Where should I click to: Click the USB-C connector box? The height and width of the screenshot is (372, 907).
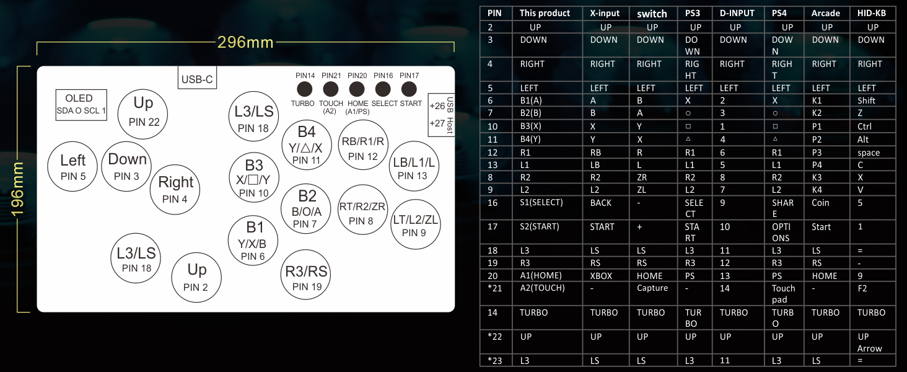[197, 77]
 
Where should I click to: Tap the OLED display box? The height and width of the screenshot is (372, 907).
[81, 105]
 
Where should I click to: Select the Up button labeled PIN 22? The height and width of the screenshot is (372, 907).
[142, 114]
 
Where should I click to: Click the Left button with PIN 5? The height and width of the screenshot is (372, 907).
[72, 167]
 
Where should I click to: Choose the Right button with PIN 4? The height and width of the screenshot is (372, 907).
[175, 189]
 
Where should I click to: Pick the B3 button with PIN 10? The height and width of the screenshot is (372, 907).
[254, 177]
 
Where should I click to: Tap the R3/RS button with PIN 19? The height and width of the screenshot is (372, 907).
[305, 274]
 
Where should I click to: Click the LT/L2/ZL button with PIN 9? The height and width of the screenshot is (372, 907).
[416, 224]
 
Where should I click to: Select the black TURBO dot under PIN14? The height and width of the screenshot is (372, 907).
[304, 89]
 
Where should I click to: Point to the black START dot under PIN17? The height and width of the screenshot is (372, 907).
[409, 89]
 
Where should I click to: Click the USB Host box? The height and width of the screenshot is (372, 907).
[441, 115]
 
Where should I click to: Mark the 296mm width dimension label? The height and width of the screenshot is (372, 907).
[245, 42]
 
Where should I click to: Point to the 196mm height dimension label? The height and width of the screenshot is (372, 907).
[17, 189]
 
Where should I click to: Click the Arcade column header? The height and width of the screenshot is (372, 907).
[826, 13]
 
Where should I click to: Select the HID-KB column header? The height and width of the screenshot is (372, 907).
[871, 13]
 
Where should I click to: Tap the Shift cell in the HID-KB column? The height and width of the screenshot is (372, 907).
[866, 100]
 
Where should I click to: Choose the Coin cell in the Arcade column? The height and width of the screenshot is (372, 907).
[820, 203]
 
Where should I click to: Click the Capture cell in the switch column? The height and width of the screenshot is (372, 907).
[652, 288]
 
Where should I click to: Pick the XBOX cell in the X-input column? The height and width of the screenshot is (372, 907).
[601, 276]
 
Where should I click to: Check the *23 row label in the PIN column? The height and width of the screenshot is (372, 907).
[495, 360]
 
